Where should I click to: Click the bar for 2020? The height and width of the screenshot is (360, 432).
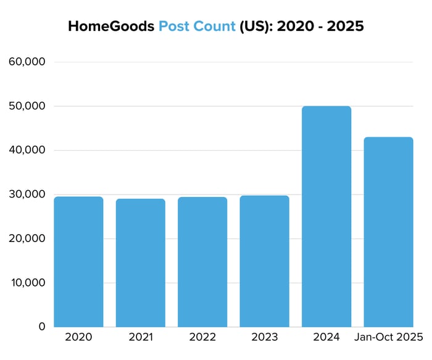(x=78, y=261)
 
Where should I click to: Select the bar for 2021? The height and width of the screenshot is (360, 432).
(x=140, y=262)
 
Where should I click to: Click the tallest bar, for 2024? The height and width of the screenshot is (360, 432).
(x=326, y=216)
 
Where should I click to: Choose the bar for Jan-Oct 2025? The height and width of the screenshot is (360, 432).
(x=388, y=232)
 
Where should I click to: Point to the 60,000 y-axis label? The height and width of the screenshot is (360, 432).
(x=27, y=62)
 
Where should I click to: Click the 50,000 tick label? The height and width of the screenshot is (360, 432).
(x=27, y=106)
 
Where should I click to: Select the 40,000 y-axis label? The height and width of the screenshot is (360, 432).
(x=27, y=150)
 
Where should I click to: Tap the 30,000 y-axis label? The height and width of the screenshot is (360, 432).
(x=27, y=195)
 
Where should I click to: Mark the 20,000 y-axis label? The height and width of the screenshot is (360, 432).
(x=27, y=238)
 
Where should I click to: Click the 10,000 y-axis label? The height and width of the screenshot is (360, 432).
(x=27, y=283)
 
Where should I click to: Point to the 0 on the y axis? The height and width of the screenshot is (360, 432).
(x=41, y=327)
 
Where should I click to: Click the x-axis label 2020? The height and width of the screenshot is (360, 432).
(x=78, y=338)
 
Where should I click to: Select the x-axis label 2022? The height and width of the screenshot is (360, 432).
(x=202, y=338)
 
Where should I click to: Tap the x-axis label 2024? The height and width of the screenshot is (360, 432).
(x=326, y=338)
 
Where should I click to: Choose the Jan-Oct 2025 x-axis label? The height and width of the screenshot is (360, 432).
(x=388, y=338)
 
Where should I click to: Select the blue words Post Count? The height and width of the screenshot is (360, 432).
(x=197, y=27)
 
